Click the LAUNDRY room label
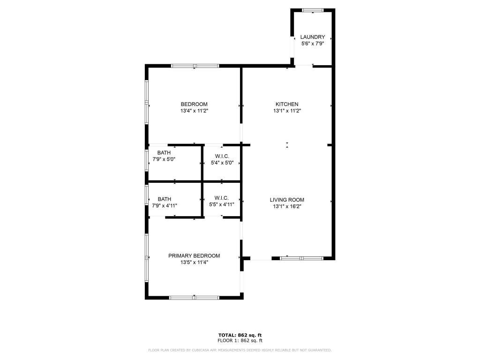[x=313, y=37]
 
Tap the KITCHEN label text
[x=287, y=104]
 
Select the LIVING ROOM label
[x=287, y=200]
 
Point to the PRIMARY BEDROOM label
[x=194, y=255]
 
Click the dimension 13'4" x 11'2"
[x=194, y=111]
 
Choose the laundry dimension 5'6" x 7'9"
[x=313, y=44]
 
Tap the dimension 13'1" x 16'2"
[x=287, y=206]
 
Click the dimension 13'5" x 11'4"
[x=194, y=262]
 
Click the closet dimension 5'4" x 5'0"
[x=222, y=163]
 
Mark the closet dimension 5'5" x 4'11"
[x=221, y=204]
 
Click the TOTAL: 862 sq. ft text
[x=240, y=335]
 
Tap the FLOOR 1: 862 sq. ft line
[x=240, y=340]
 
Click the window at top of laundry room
[x=313, y=10]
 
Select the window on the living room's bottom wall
[x=302, y=258]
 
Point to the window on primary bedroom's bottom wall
[x=194, y=297]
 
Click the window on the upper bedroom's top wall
[x=195, y=66]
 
